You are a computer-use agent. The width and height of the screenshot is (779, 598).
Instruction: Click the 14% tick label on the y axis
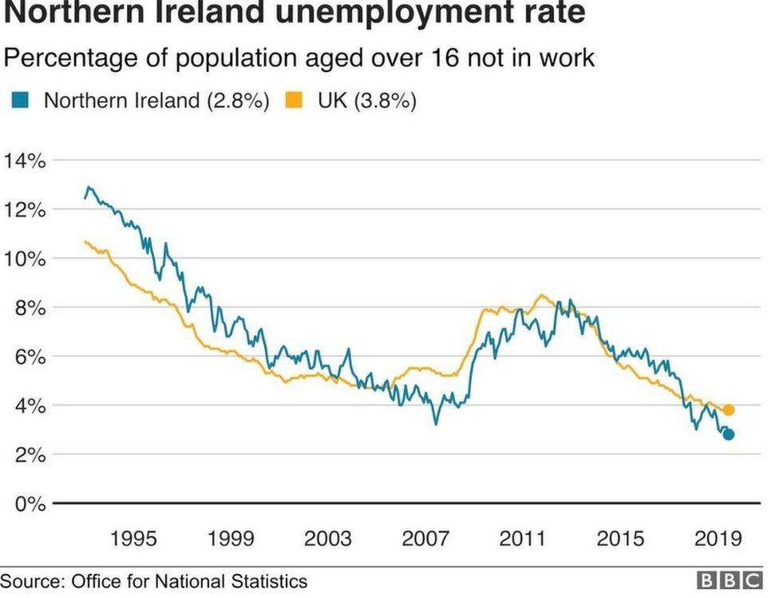pyautogui.click(x=25, y=160)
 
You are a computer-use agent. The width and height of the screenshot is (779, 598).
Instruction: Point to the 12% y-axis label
pyautogui.click(x=25, y=210)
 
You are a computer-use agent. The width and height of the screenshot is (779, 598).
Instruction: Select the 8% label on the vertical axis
pyautogui.click(x=30, y=307)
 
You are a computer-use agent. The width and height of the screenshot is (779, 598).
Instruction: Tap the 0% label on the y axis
pyautogui.click(x=30, y=504)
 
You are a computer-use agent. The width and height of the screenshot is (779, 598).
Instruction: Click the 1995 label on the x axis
pyautogui.click(x=133, y=538)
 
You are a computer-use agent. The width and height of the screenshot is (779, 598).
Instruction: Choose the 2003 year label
pyautogui.click(x=328, y=538)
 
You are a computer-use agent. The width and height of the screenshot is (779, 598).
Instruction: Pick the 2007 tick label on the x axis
pyautogui.click(x=425, y=538)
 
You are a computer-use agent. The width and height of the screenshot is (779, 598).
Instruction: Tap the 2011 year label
pyautogui.click(x=523, y=538)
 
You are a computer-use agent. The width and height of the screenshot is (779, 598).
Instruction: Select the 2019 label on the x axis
pyautogui.click(x=717, y=538)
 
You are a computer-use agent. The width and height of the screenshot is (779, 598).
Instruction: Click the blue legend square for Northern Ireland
pyautogui.click(x=22, y=101)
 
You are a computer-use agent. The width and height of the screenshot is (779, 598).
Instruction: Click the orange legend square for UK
pyautogui.click(x=295, y=101)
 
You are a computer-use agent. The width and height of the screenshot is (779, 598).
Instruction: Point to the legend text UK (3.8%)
pyautogui.click(x=366, y=101)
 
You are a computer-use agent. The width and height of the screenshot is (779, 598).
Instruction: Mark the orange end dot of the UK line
pyautogui.click(x=728, y=410)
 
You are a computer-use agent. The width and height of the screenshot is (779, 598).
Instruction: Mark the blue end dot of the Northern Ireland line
pyautogui.click(x=728, y=434)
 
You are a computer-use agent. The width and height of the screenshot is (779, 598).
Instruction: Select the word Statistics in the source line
pyautogui.click(x=268, y=580)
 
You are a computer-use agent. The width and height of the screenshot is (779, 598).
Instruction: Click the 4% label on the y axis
pyautogui.click(x=30, y=406)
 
